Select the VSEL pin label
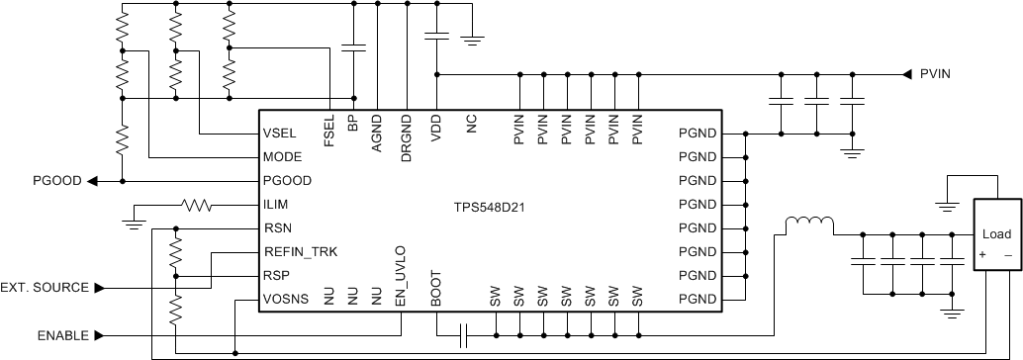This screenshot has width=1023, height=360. point(282,134)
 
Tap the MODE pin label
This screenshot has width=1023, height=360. point(283,157)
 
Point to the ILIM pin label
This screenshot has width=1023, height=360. point(278,206)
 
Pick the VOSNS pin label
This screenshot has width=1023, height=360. point(287,300)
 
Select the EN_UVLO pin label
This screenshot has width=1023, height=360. point(400,274)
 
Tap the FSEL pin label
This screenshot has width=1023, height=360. point(328,131)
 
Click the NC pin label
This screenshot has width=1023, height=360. point(472,125)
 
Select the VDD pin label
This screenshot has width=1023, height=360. point(436,130)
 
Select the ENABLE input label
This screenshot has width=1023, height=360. point(63,335)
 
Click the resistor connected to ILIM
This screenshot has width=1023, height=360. point(195,206)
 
